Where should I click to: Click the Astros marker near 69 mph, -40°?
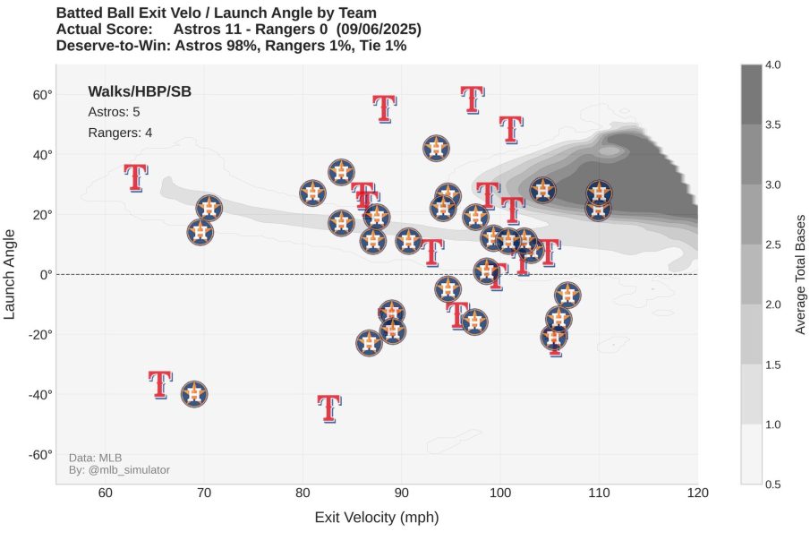pos(194,394)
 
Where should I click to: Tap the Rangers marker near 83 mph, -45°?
pos(329,408)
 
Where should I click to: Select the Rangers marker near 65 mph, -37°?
pos(160,384)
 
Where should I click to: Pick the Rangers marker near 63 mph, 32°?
pos(135,177)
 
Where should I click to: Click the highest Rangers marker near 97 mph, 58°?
pos(473,99)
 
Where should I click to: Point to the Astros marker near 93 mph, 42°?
pos(436,149)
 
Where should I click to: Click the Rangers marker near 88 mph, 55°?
pos(384,108)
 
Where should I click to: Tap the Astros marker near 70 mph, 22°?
pos(209,208)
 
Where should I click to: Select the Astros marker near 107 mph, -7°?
pos(567,295)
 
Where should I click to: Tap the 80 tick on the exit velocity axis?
pos(303,493)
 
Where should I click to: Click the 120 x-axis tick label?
pos(697,493)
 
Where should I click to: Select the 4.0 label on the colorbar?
pos(774,64)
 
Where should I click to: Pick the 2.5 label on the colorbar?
pos(774,244)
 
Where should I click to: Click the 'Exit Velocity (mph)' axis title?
pos(376,519)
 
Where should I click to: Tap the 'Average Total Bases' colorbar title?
pos(801,274)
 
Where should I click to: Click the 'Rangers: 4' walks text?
pos(120,133)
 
